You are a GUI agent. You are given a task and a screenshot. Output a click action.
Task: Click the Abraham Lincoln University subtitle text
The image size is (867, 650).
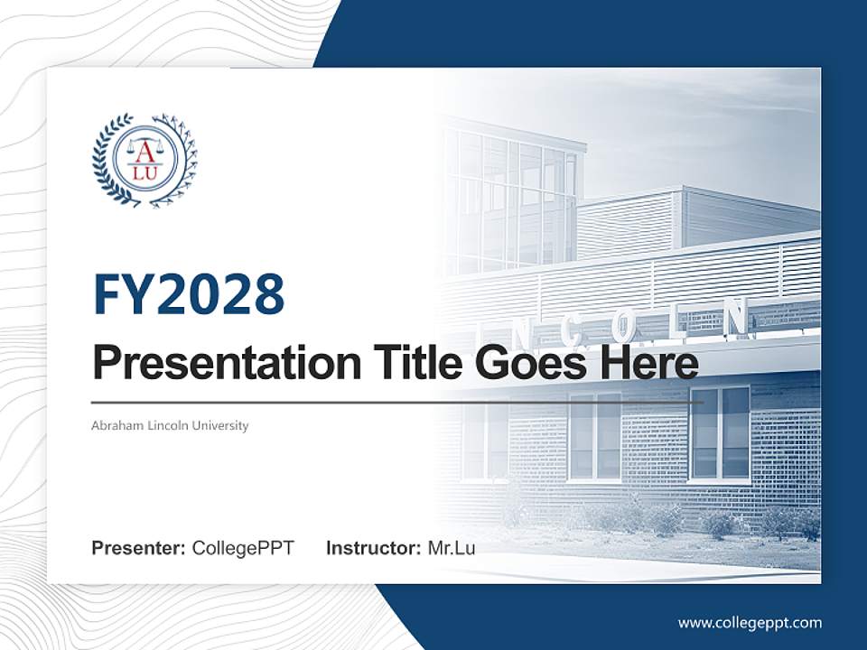point(170,424)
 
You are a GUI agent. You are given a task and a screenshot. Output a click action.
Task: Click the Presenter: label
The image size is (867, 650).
point(139,548)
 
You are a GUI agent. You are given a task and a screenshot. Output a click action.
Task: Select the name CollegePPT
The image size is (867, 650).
point(243,548)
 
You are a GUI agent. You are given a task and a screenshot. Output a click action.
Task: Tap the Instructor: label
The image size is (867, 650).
point(373,548)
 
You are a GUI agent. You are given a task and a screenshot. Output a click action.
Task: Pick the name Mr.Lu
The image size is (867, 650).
point(452,548)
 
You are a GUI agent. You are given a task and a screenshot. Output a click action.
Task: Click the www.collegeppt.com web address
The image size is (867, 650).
point(750,623)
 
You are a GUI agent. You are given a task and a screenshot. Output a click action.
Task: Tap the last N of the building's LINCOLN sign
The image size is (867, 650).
point(736,317)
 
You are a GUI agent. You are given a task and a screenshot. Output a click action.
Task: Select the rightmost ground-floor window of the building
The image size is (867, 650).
point(720,432)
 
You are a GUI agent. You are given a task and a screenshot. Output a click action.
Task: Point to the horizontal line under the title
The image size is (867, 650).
point(397,402)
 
